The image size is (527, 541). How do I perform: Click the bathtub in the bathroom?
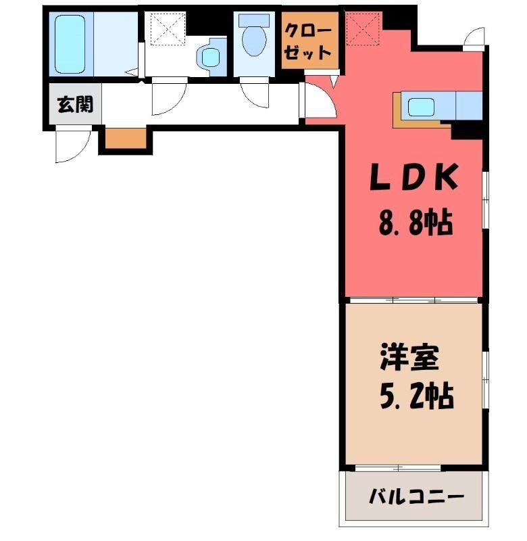tap(70, 44)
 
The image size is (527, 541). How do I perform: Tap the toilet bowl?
tap(254, 41)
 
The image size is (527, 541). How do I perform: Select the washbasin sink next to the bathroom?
tap(210, 57)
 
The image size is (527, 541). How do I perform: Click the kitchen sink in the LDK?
tap(421, 108)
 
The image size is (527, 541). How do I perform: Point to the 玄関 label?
tap(75, 103)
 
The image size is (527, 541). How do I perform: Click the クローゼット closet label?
tap(308, 43)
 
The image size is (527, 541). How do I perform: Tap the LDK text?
tap(414, 177)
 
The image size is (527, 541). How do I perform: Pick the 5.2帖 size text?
tap(416, 396)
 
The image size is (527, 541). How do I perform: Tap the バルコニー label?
tap(416, 498)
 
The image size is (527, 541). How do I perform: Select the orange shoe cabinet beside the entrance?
tap(126, 139)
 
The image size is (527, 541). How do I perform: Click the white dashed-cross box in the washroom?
tap(168, 28)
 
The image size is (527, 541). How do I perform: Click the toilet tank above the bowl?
tap(254, 20)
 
